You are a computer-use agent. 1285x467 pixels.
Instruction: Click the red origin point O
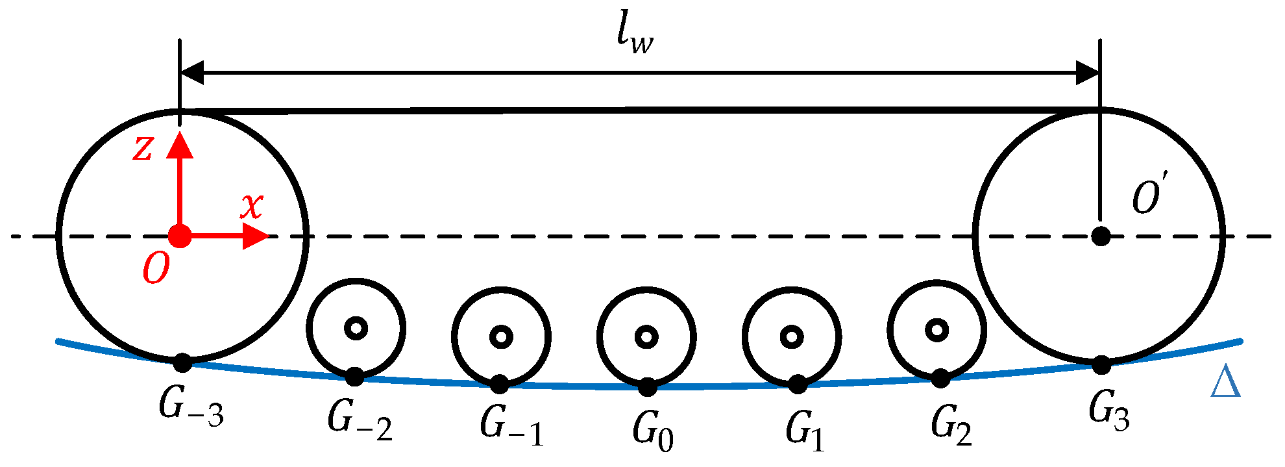click(x=180, y=236)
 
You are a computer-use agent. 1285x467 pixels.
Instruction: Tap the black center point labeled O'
click(x=1101, y=236)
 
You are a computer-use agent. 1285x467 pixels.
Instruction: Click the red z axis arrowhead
click(x=180, y=144)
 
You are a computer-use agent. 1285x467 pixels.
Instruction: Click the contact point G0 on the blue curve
click(x=647, y=387)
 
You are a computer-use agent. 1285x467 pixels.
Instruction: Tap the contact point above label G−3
click(x=182, y=363)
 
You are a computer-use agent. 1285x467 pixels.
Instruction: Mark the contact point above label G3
click(x=1101, y=365)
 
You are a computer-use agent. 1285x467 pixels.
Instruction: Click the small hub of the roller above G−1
click(x=501, y=336)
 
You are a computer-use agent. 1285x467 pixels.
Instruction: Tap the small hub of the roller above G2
click(x=936, y=329)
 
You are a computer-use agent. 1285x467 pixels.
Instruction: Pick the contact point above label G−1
click(x=499, y=385)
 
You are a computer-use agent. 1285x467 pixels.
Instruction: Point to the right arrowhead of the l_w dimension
click(x=1087, y=73)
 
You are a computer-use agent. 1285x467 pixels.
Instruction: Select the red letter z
click(x=143, y=148)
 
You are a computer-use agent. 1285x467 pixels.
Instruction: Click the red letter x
click(x=252, y=207)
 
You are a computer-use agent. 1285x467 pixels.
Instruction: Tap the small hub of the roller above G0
click(x=646, y=336)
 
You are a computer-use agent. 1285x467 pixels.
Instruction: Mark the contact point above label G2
click(x=940, y=378)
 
